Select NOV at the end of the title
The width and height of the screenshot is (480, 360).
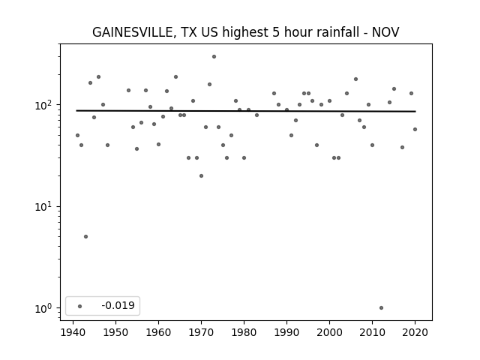(385, 32)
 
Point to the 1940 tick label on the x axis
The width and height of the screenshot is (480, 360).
(73, 332)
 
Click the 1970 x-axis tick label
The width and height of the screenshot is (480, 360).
(201, 332)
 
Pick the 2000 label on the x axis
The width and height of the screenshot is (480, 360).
(329, 332)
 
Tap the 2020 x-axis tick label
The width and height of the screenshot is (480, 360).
(415, 332)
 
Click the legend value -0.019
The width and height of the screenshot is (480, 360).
(118, 305)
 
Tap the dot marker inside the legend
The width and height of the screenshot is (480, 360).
(80, 306)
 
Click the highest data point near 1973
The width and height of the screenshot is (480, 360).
(214, 57)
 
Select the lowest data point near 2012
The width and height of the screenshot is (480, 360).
(381, 308)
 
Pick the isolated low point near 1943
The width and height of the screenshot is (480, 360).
(85, 237)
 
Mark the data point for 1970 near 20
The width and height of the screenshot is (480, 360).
(201, 176)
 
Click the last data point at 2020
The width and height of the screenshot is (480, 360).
(415, 130)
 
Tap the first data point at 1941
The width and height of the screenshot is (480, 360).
(77, 135)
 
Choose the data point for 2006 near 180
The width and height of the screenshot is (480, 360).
(355, 79)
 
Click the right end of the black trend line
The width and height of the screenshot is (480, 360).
(415, 112)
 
